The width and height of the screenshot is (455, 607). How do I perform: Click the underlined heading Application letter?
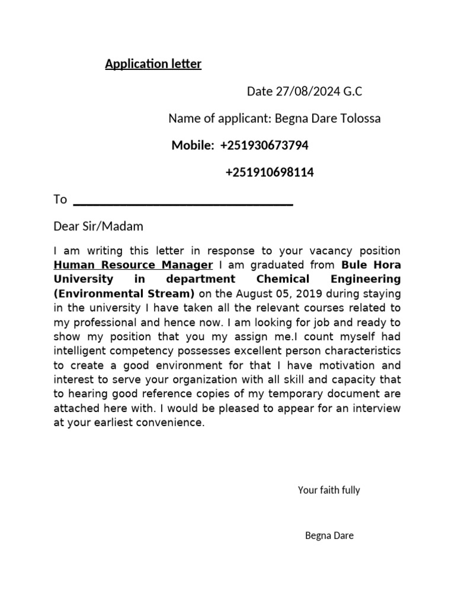tap(153, 64)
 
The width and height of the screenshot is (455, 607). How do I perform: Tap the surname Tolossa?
tap(361, 119)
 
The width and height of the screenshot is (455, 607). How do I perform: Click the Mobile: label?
tap(193, 146)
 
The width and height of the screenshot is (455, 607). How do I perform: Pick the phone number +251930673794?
tap(264, 146)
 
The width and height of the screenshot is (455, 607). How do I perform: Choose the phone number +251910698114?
tap(270, 173)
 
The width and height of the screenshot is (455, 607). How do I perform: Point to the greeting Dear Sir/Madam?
tap(98, 226)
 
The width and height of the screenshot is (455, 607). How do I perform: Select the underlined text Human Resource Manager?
tap(133, 264)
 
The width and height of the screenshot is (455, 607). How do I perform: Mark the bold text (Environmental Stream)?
tap(124, 293)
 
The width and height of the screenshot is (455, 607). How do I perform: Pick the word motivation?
tap(345, 365)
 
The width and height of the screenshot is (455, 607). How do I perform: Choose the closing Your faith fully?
tap(329, 490)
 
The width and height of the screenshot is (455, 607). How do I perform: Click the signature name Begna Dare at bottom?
tap(329, 536)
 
